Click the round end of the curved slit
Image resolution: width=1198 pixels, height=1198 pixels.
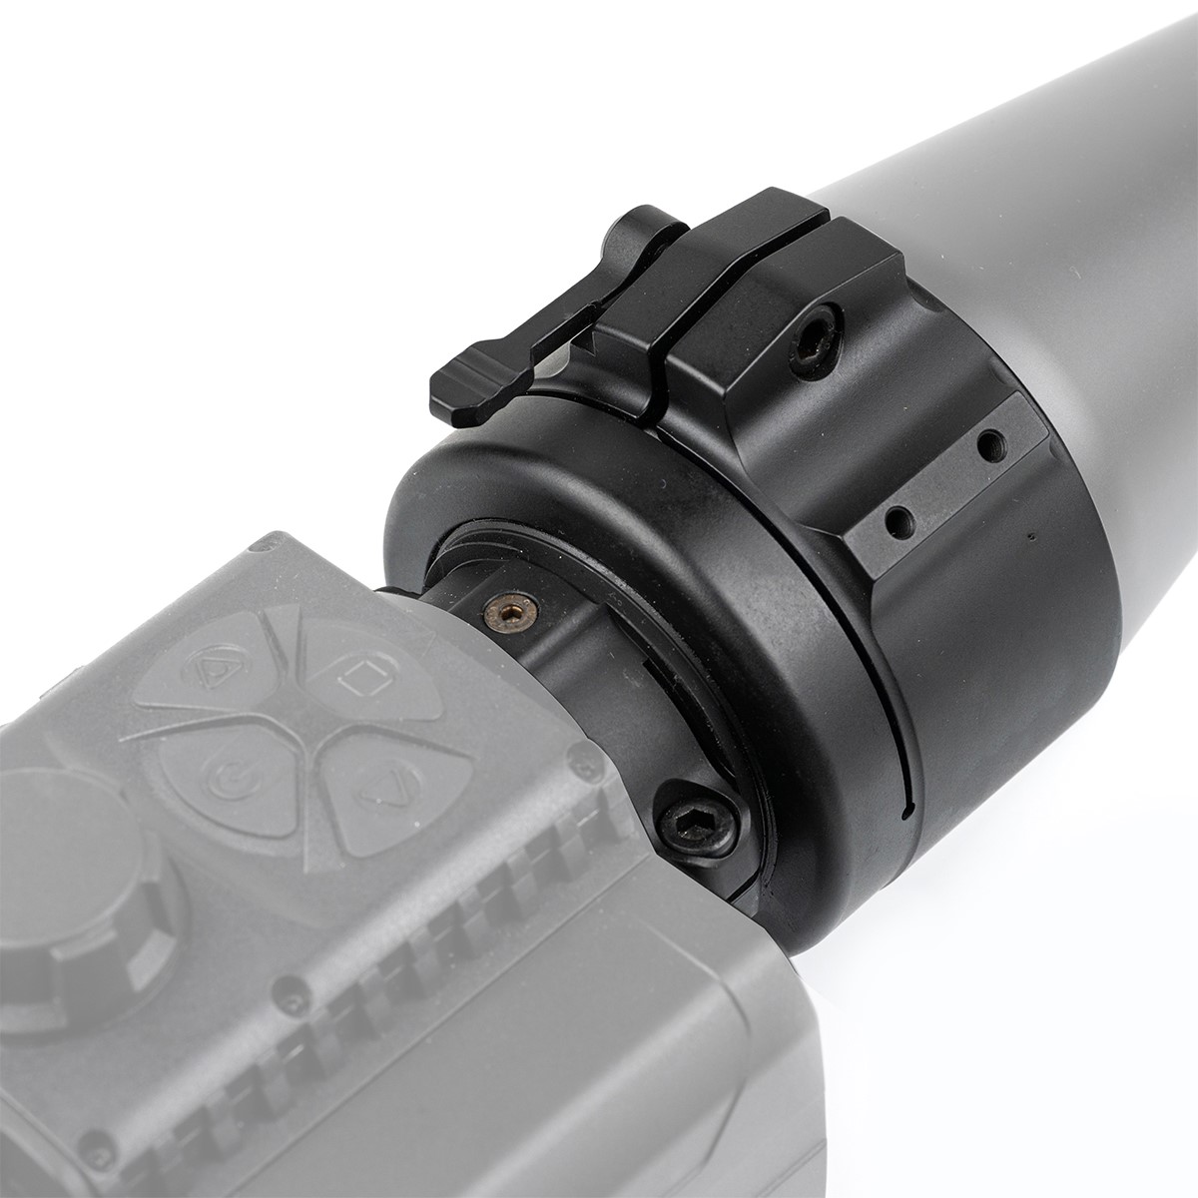pyautogui.click(x=904, y=811)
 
